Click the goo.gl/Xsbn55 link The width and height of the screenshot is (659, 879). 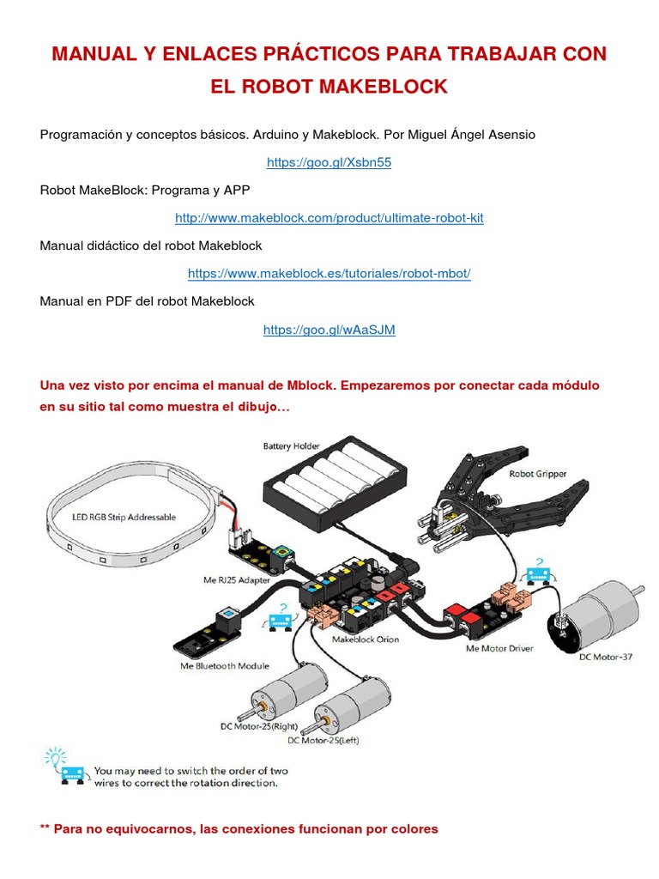click(329, 162)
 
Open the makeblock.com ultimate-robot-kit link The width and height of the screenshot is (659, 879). click(329, 218)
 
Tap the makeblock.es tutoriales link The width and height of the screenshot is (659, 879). click(329, 274)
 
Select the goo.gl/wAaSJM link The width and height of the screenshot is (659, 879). click(329, 330)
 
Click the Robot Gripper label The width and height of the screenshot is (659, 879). click(538, 473)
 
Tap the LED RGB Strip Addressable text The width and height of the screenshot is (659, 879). click(124, 517)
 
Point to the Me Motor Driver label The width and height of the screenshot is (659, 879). click(500, 648)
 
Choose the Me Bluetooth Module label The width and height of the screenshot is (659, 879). click(224, 665)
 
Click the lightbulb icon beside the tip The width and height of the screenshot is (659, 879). click(54, 759)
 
